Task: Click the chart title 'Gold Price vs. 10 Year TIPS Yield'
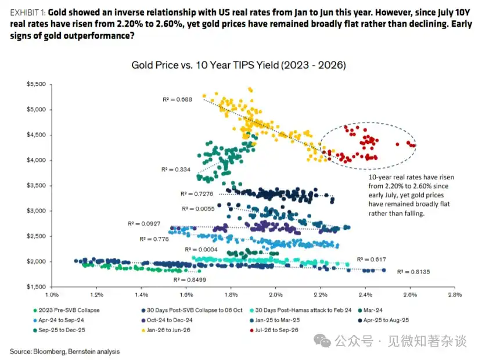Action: pyautogui.click(x=206, y=65)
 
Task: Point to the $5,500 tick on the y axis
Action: pyautogui.click(x=36, y=84)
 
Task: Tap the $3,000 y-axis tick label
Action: pyautogui.click(x=36, y=211)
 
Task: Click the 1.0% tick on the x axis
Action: pyautogui.click(x=52, y=294)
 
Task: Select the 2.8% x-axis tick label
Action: pyautogui.click(x=455, y=294)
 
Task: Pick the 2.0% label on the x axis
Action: pyautogui.click(x=276, y=294)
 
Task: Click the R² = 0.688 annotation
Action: pyautogui.click(x=177, y=99)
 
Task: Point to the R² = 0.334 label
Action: pyautogui.click(x=176, y=170)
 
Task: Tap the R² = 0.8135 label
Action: pyautogui.click(x=413, y=272)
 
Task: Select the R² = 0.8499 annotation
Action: pyautogui.click(x=190, y=280)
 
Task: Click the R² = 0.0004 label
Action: pyautogui.click(x=201, y=249)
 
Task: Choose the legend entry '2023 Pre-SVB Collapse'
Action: pyautogui.click(x=66, y=310)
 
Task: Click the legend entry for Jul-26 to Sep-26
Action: pyautogui.click(x=274, y=330)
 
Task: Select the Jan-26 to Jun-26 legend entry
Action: pyautogui.click(x=166, y=330)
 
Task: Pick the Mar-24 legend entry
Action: pyautogui.click(x=371, y=310)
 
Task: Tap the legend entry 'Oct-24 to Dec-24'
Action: pyautogui.click(x=167, y=320)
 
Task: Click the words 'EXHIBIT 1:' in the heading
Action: pyautogui.click(x=28, y=13)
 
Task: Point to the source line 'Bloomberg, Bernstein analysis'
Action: pyautogui.click(x=76, y=351)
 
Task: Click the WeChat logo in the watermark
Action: pyautogui.click(x=322, y=341)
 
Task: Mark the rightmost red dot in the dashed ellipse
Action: pyautogui.click(x=414, y=146)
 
